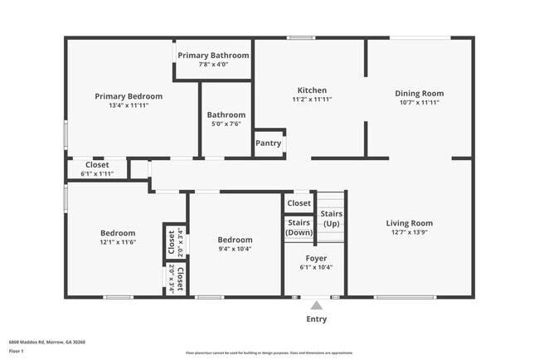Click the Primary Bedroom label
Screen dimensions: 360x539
[129, 96]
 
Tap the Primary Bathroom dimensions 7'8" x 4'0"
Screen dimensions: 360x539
[212, 64]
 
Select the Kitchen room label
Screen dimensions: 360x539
[312, 90]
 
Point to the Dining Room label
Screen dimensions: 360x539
[419, 94]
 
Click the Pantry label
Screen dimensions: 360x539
[268, 144]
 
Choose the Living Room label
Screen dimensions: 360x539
[409, 223]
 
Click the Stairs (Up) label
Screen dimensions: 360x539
[332, 219]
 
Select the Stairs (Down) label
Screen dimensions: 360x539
[299, 227]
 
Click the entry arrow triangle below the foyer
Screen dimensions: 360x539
[316, 305]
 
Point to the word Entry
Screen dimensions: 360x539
[316, 319]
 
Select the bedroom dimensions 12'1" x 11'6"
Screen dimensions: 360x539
[118, 242]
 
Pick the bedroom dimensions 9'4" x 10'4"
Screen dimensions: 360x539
[235, 249]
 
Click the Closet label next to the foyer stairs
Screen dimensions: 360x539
[299, 203]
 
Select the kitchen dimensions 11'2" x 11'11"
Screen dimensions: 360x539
[312, 100]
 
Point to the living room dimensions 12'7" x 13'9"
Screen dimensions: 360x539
[409, 232]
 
